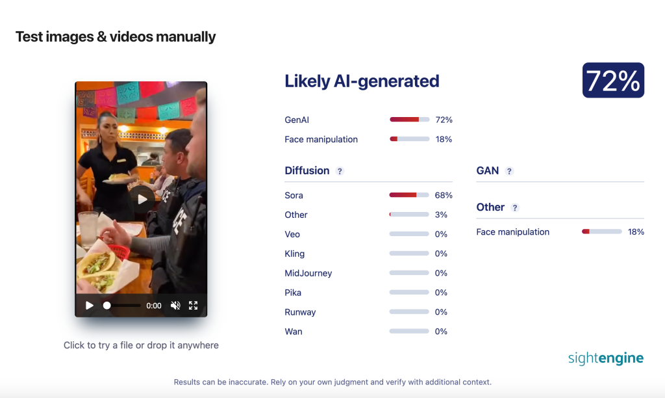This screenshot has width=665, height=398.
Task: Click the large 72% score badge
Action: pyautogui.click(x=613, y=80)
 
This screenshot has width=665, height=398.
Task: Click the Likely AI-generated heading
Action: pyautogui.click(x=362, y=81)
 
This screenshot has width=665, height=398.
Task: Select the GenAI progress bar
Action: pyautogui.click(x=409, y=120)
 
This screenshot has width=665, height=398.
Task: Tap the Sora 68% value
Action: pyautogui.click(x=443, y=195)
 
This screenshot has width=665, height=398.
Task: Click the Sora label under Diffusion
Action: pyautogui.click(x=294, y=195)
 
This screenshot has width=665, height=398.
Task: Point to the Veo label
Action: pyautogui.click(x=292, y=235)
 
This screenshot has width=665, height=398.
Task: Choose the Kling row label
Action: pyautogui.click(x=294, y=254)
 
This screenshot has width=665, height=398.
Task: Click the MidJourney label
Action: pyautogui.click(x=308, y=273)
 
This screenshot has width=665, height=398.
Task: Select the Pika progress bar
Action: pyautogui.click(x=409, y=293)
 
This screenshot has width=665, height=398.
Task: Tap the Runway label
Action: pyautogui.click(x=300, y=312)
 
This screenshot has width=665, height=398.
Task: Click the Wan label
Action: pyautogui.click(x=293, y=332)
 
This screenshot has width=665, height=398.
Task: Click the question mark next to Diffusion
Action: pyautogui.click(x=339, y=171)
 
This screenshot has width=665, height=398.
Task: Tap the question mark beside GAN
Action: pyautogui.click(x=509, y=171)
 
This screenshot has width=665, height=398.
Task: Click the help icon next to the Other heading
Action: pyautogui.click(x=514, y=207)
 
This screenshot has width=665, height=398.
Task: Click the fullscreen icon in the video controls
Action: pyautogui.click(x=194, y=306)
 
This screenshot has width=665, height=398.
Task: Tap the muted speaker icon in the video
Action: pyautogui.click(x=175, y=306)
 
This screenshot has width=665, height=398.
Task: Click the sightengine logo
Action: pyautogui.click(x=606, y=358)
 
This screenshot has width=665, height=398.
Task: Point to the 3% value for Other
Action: pyautogui.click(x=441, y=215)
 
